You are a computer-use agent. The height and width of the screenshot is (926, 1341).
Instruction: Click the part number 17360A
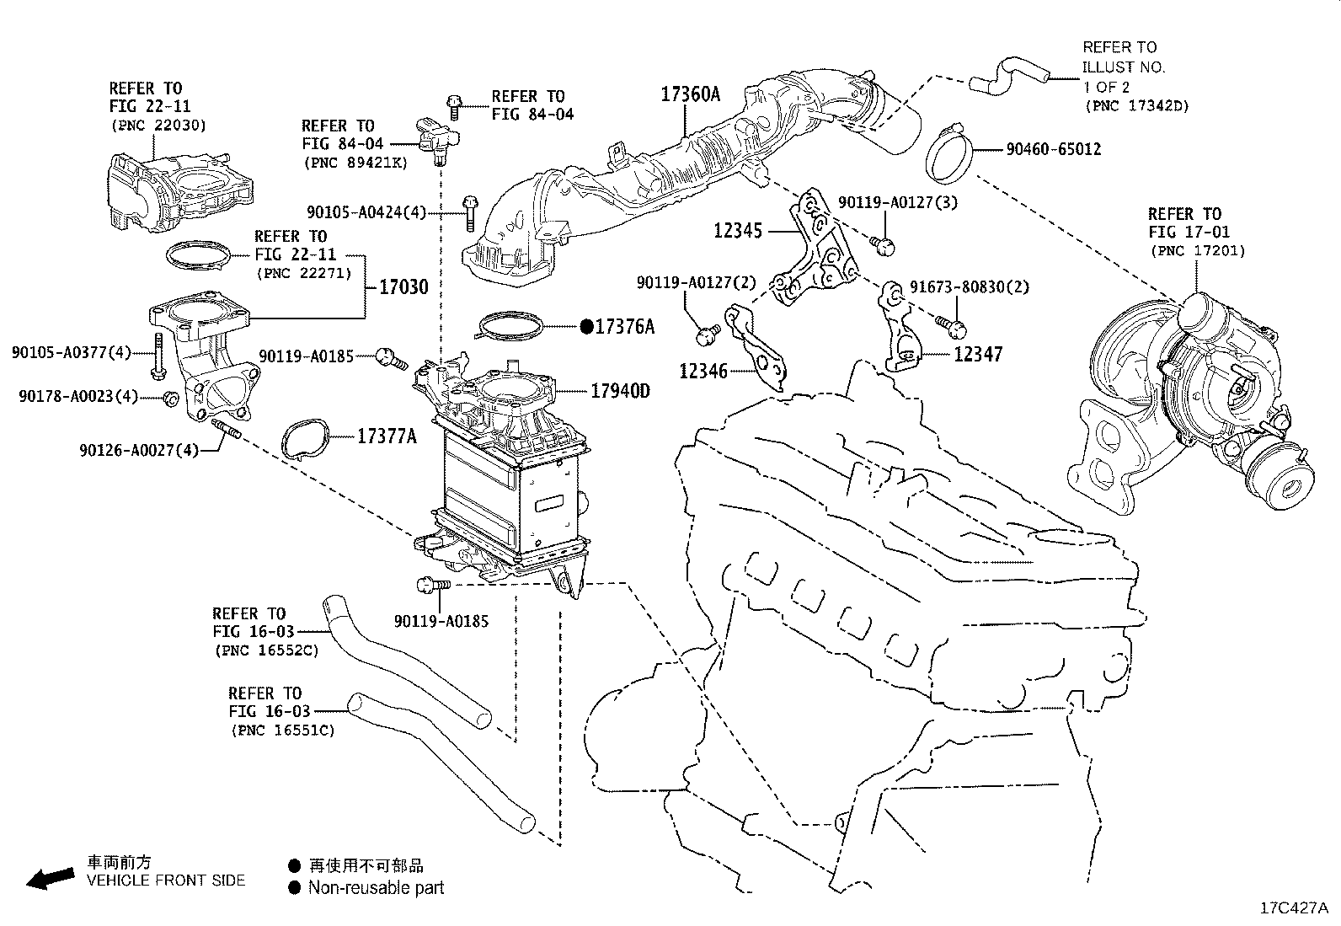690,94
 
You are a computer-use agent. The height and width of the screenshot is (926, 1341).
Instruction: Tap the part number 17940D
620,391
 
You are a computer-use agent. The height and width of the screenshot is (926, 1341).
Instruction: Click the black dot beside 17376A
586,326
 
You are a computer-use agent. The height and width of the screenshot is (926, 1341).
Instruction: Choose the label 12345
738,231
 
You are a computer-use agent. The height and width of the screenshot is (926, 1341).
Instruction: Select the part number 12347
978,354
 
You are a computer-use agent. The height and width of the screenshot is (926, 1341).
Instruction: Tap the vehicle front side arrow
51,878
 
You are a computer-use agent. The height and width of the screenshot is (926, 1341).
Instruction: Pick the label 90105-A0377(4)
72,352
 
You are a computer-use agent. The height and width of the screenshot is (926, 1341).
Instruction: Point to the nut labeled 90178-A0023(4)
171,399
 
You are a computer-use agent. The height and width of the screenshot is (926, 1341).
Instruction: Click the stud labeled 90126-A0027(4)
227,429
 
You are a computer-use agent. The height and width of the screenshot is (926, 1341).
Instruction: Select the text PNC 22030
158,126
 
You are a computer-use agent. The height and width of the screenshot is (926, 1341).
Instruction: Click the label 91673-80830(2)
970,287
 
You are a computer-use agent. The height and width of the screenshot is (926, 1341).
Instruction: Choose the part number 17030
404,287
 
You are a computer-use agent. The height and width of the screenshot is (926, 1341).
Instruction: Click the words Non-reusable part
376,888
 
